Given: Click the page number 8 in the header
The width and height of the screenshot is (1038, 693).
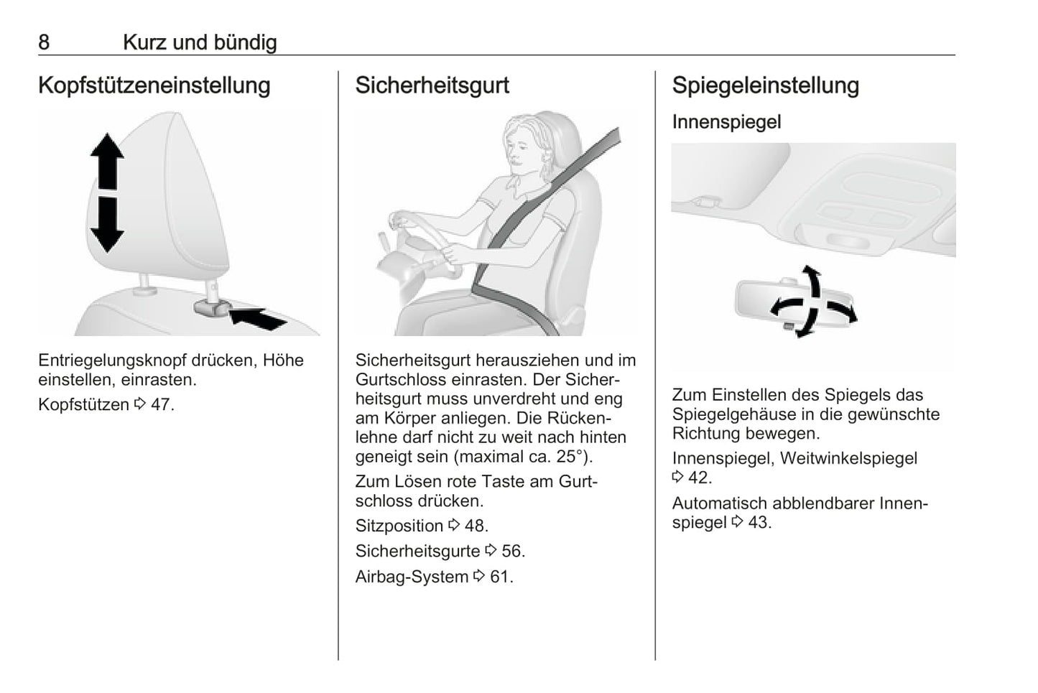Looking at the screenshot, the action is point(44,42).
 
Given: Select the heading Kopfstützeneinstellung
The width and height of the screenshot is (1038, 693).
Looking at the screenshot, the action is point(154,85).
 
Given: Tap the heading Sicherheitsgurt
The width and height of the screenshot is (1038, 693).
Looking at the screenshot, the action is point(432,85).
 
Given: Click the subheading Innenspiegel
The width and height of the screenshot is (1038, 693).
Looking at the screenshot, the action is point(726,122).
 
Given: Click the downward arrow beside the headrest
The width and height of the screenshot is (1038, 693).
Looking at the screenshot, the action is point(107,225).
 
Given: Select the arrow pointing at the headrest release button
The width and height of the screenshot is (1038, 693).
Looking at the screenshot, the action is point(258,319).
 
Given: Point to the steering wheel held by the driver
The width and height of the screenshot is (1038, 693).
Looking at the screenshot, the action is point(422,241).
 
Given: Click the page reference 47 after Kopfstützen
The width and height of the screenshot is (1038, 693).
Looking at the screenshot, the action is point(160,404).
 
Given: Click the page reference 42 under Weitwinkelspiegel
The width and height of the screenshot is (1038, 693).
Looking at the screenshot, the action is point(698,478).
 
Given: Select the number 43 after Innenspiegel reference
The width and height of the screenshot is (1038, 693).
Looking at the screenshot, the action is point(758,523).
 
